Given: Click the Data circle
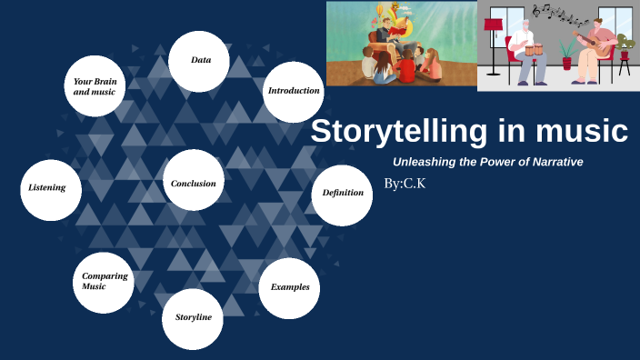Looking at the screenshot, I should (x=199, y=61).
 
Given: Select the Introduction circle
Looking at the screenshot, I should (x=294, y=91).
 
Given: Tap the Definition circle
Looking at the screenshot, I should (x=342, y=194).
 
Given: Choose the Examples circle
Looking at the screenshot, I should (x=290, y=287).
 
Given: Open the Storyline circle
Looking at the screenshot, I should (x=193, y=318).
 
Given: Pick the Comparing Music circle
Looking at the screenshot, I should (x=104, y=282).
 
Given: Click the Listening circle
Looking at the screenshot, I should (x=50, y=189).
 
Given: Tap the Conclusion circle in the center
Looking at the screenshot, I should (x=194, y=184).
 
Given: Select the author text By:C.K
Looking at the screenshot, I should (x=405, y=185).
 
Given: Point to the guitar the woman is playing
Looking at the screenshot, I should (x=599, y=43).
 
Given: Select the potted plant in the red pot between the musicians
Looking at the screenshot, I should (x=567, y=56).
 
